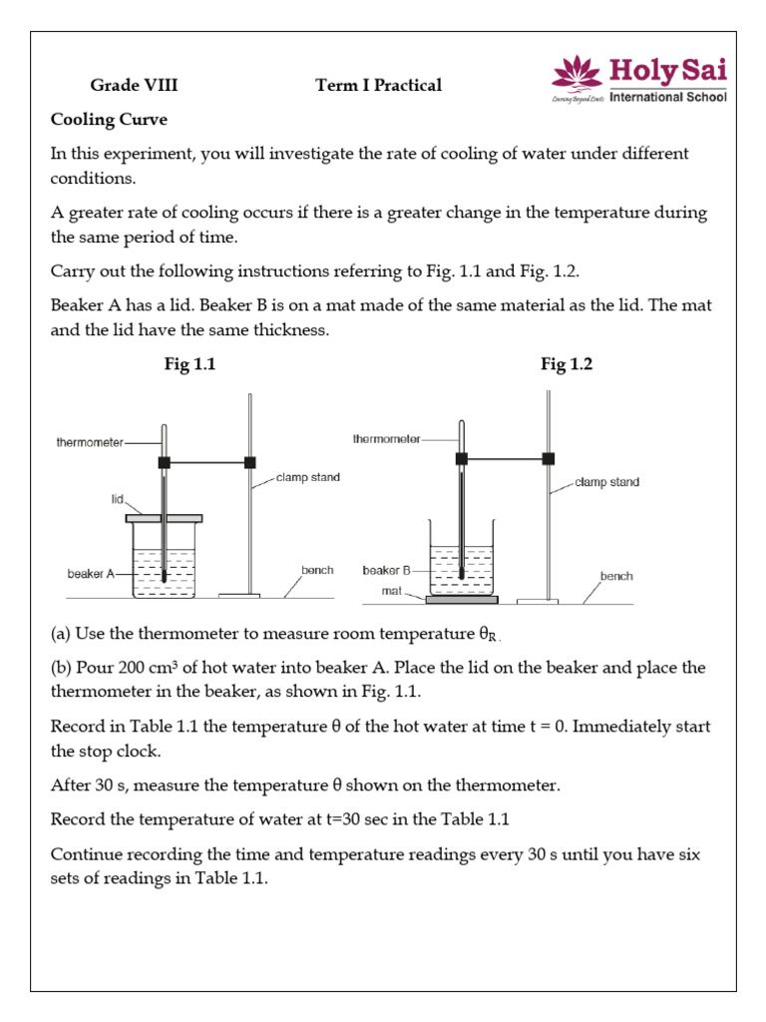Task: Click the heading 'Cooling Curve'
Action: pyautogui.click(x=110, y=120)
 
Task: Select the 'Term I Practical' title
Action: pyautogui.click(x=378, y=86)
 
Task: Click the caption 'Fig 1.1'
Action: pyautogui.click(x=190, y=365)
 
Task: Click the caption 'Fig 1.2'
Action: pyautogui.click(x=567, y=365)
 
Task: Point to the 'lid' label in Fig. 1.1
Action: pyautogui.click(x=117, y=495)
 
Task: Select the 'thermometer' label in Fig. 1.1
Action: pyautogui.click(x=90, y=444)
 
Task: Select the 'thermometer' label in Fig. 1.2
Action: pyautogui.click(x=387, y=438)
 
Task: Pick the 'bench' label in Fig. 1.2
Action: pyautogui.click(x=615, y=576)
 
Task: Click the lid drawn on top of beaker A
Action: pyautogui.click(x=164, y=518)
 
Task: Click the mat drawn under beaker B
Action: pyautogui.click(x=462, y=600)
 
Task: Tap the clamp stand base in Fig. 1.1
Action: pyautogui.click(x=239, y=596)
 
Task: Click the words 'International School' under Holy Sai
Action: pyautogui.click(x=667, y=97)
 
